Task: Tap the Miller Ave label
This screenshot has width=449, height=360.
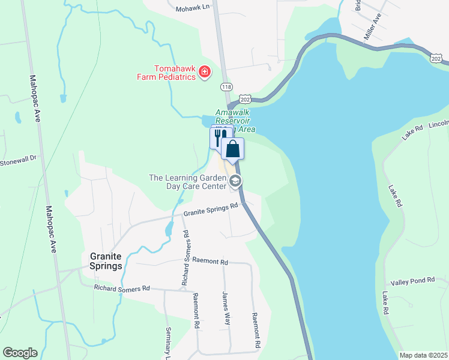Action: tap(373, 27)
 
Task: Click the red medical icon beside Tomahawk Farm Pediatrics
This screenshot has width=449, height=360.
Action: tap(205, 73)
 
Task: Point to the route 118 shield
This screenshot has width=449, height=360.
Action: tap(226, 87)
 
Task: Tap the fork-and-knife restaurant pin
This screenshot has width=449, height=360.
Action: tap(221, 137)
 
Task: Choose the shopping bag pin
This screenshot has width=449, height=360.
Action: tap(232, 149)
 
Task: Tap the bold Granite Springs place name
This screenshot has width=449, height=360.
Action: tap(106, 260)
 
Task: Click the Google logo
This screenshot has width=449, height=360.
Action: tap(20, 353)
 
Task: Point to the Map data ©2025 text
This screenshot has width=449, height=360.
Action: tap(423, 355)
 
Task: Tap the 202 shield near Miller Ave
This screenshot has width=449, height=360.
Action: tap(437, 58)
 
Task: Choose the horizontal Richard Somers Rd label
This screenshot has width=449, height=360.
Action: tap(121, 289)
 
